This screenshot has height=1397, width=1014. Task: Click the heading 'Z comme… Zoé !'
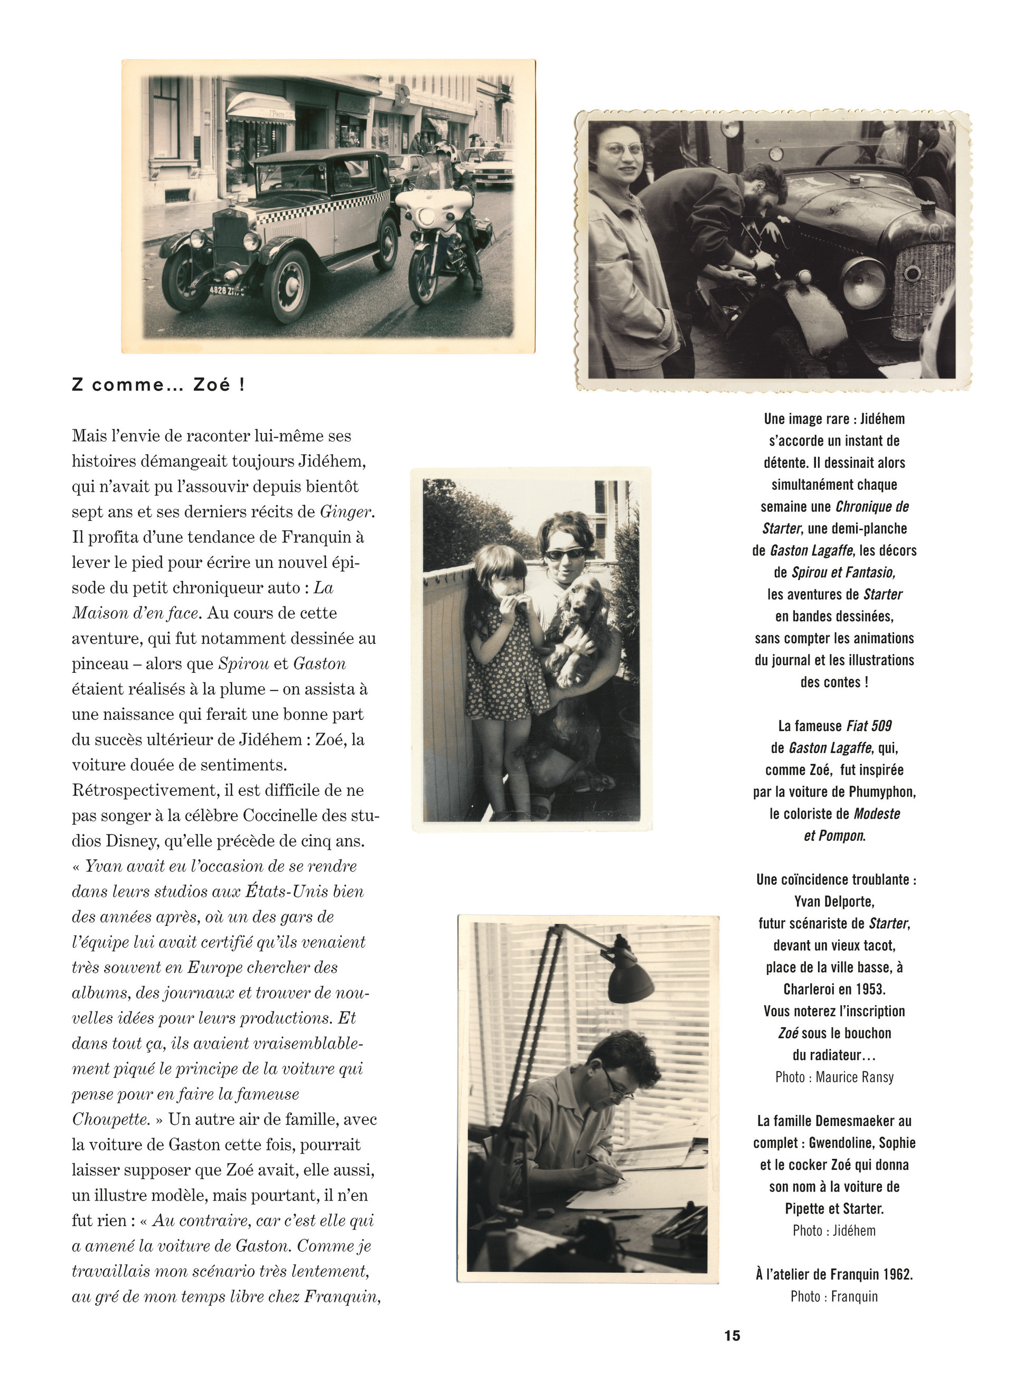tap(158, 385)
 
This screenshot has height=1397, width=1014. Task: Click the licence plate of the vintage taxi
tap(226, 290)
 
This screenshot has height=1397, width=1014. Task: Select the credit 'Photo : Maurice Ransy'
tap(834, 1077)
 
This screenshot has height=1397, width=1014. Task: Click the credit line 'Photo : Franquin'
tap(834, 1296)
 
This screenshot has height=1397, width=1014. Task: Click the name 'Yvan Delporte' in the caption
tap(834, 901)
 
